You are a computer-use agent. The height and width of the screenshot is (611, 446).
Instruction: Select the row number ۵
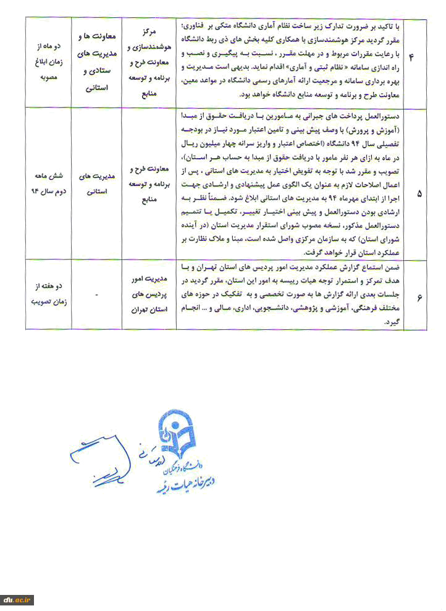pyautogui.click(x=419, y=193)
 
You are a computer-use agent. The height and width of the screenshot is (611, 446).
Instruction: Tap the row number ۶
pyautogui.click(x=419, y=298)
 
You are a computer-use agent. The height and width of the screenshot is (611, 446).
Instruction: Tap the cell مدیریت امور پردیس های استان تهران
pyautogui.click(x=151, y=297)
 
